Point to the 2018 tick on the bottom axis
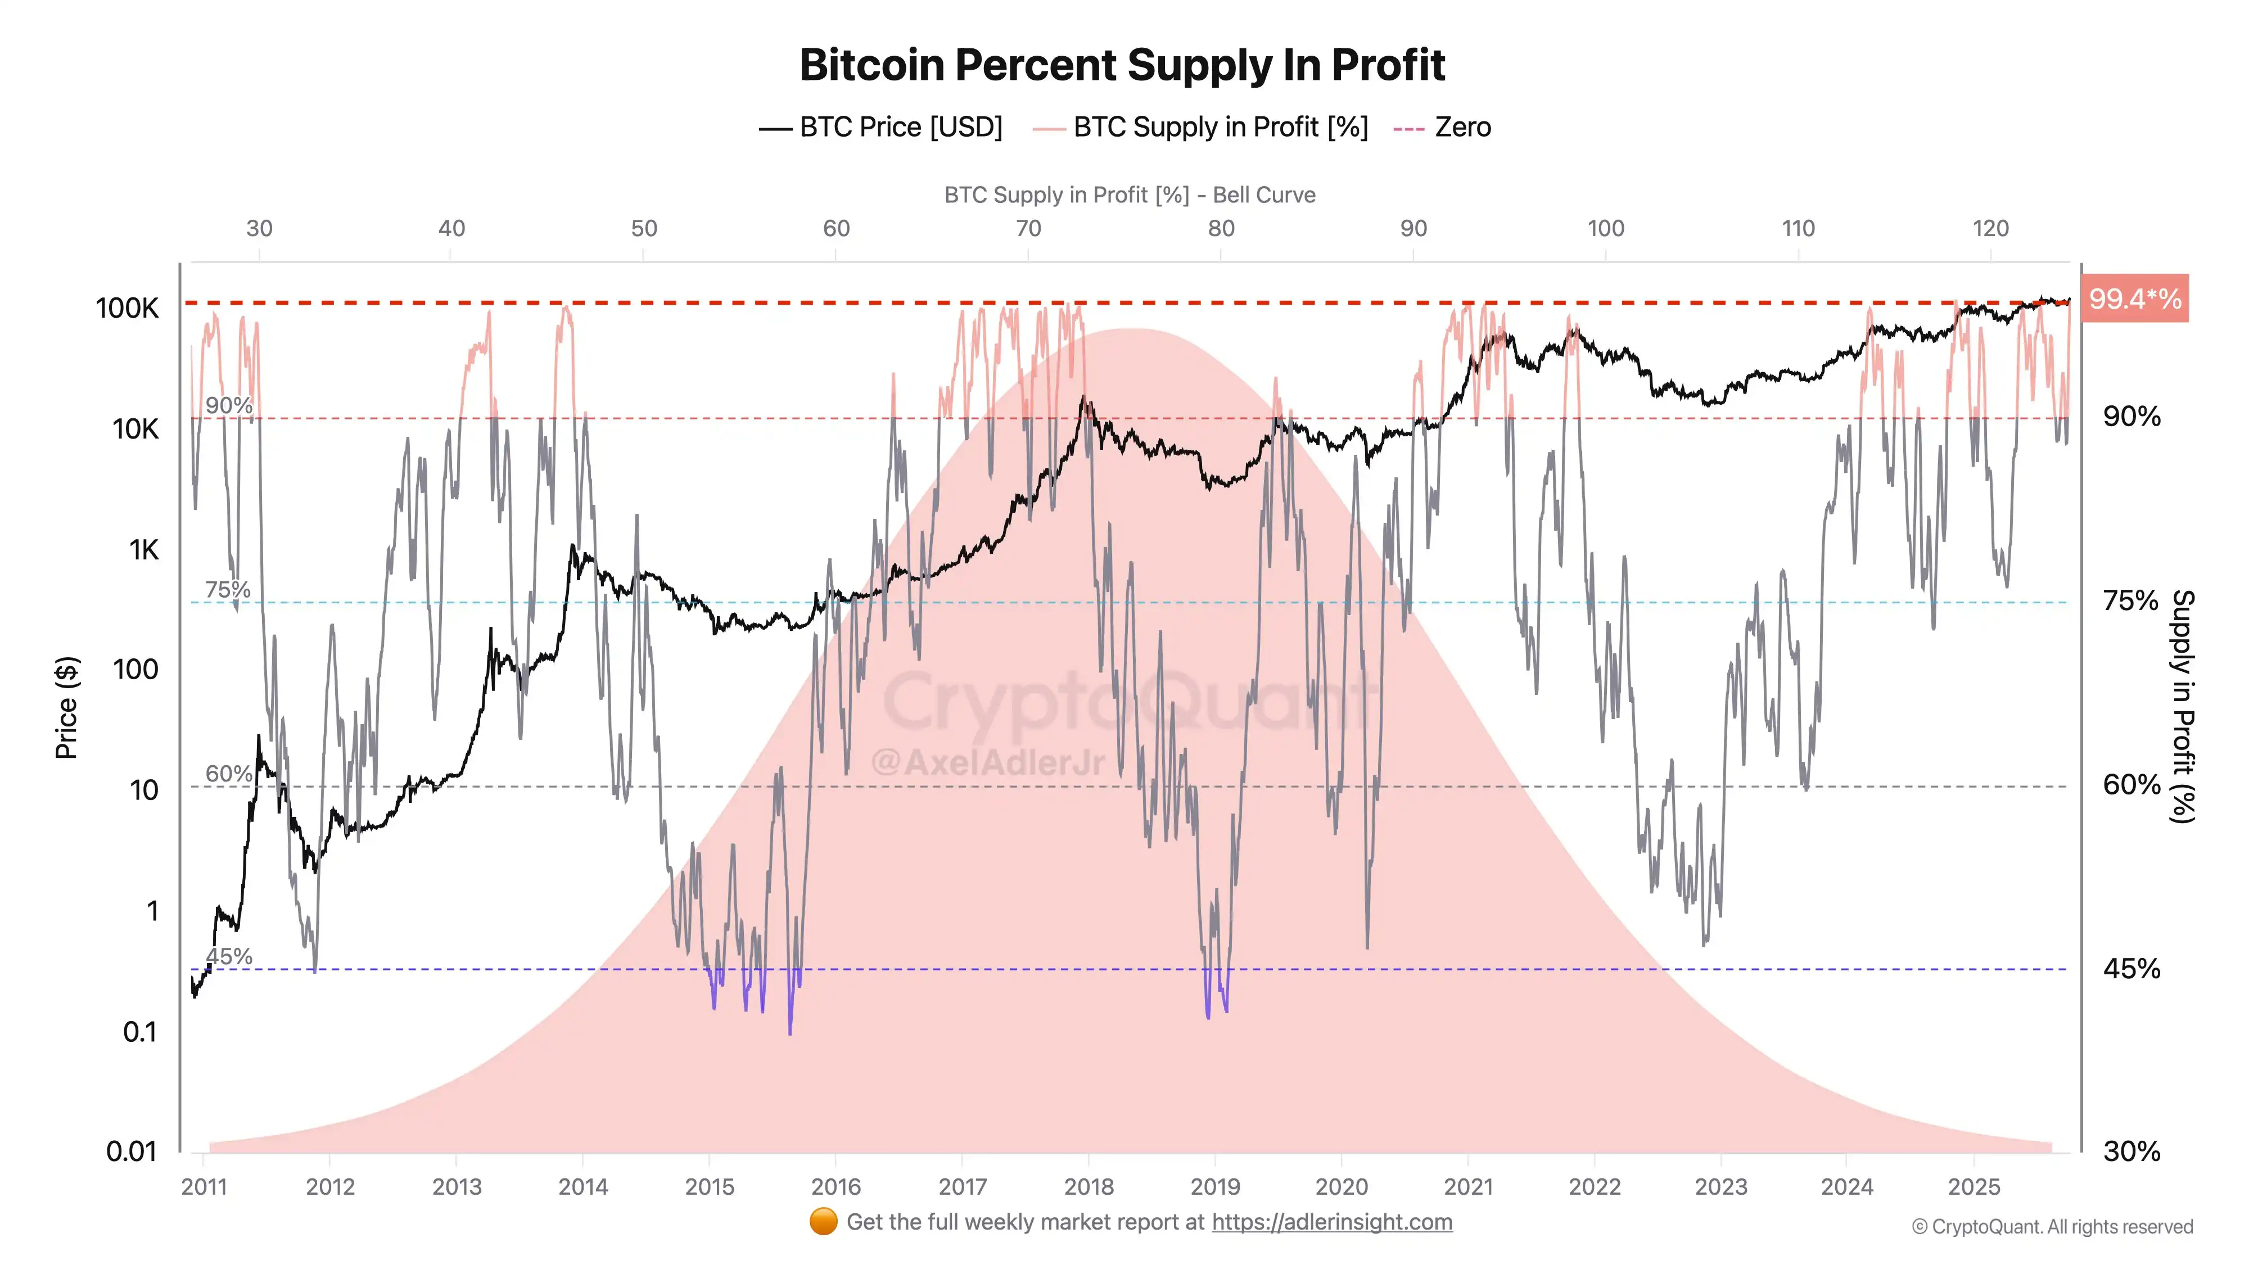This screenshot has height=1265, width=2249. pyautogui.click(x=1089, y=1186)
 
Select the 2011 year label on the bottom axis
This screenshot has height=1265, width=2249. pyautogui.click(x=204, y=1186)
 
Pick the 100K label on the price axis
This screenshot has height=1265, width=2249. pyautogui.click(x=128, y=308)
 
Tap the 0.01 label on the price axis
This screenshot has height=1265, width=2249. pyautogui.click(x=131, y=1151)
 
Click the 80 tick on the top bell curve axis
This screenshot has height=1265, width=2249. pyautogui.click(x=1221, y=229)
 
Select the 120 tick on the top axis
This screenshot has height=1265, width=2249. pyautogui.click(x=1990, y=229)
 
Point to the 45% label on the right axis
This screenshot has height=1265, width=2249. pyautogui.click(x=2131, y=968)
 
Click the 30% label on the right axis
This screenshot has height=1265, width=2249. pyautogui.click(x=2131, y=1151)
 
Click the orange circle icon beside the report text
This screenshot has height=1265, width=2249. pyautogui.click(x=823, y=1221)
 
